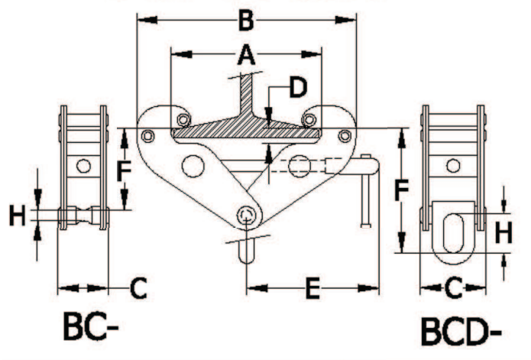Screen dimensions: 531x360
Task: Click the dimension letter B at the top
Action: [x=246, y=21]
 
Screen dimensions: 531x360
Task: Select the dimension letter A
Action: [x=246, y=54]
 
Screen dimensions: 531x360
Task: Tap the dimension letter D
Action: [x=298, y=87]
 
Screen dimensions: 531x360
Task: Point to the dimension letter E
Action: [x=312, y=289]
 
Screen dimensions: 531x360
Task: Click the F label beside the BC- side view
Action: [x=124, y=171]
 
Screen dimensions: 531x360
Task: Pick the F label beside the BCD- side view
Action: [x=401, y=190]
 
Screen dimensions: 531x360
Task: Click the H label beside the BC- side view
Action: [x=17, y=216]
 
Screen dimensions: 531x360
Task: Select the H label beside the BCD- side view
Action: [x=503, y=233]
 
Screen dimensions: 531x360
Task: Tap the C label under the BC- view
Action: [x=138, y=288]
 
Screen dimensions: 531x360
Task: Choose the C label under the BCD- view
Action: [x=453, y=288]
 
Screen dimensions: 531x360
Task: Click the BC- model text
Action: [x=91, y=326]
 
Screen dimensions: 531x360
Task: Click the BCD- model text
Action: [x=461, y=332]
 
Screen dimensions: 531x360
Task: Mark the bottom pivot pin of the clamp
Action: [x=246, y=216]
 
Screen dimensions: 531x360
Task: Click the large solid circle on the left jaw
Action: [x=193, y=166]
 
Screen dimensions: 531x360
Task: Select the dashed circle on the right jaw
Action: [x=299, y=166]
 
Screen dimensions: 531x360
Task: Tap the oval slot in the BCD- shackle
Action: [x=453, y=232]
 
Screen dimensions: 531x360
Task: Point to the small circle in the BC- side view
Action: [x=83, y=166]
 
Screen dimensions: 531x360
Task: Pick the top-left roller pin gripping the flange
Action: [x=184, y=119]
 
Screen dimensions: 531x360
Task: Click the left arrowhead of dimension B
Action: [x=147, y=20]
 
